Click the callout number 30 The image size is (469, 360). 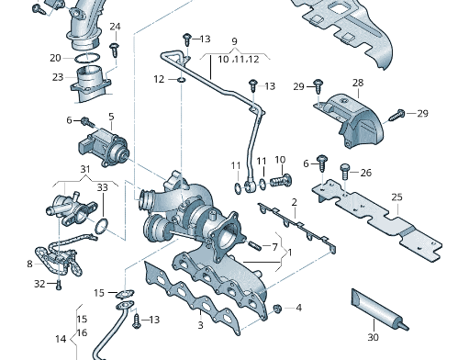[373, 337]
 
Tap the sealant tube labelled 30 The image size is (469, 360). [379, 309]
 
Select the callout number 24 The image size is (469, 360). [115, 27]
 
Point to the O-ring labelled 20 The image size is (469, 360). [87, 58]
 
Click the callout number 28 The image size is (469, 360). [358, 83]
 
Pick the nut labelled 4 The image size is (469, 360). [277, 309]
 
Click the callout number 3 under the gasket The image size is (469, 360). [200, 325]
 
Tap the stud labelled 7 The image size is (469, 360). [254, 245]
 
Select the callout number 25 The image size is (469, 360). [396, 197]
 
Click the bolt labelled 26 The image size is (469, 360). [344, 171]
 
